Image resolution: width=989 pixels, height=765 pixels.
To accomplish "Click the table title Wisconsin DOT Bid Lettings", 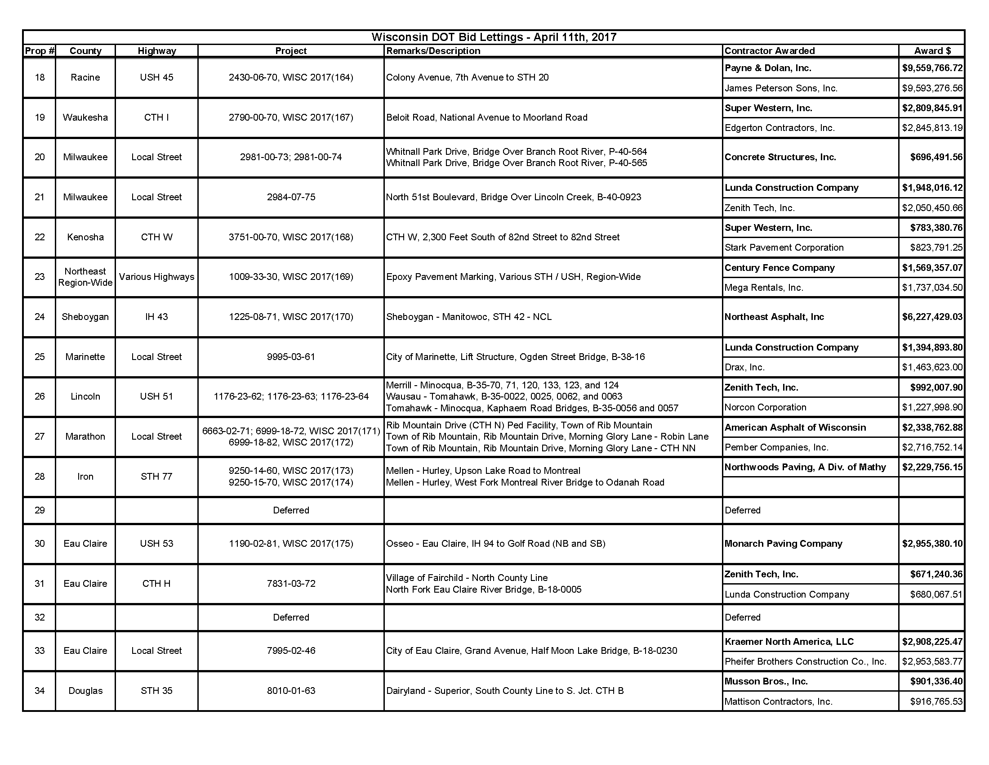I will point(494,37).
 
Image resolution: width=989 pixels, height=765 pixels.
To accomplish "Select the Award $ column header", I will point(932,51).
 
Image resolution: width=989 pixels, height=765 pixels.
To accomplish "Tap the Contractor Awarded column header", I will point(769,51).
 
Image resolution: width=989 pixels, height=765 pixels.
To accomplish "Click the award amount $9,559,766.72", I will point(932,68).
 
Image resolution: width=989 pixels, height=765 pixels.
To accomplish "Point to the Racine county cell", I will point(85,77).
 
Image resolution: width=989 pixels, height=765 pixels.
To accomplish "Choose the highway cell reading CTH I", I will point(156,117).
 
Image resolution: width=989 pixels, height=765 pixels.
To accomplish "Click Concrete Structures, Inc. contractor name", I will point(780,157).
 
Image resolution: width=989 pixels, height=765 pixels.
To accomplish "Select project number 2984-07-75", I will point(291,197).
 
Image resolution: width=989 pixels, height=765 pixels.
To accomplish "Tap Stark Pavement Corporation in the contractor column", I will point(784,247).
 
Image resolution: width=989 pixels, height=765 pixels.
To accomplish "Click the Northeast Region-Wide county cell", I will point(85,277).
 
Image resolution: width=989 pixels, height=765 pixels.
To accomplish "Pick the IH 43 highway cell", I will point(156,317).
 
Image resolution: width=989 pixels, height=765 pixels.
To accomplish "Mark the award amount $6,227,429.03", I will point(932,317).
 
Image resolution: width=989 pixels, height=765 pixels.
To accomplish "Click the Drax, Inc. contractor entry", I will point(744,367).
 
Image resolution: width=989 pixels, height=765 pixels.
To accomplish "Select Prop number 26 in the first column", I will point(40,396).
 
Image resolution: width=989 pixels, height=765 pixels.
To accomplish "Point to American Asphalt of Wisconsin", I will point(795,427).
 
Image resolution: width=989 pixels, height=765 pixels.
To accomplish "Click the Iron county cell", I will point(85,476).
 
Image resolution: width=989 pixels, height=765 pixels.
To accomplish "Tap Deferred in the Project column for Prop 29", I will point(291,510).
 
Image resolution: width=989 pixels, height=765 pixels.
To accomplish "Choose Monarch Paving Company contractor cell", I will point(783,544).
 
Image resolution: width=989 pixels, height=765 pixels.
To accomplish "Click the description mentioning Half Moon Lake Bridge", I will point(531,651).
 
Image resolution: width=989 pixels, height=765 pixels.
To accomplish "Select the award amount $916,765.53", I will point(936,702).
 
